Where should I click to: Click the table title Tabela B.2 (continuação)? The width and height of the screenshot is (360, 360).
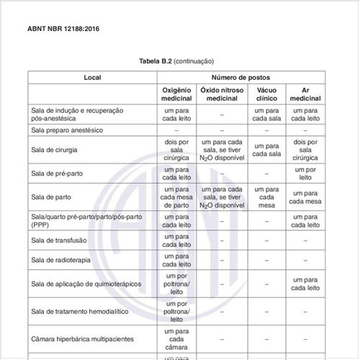[176, 61]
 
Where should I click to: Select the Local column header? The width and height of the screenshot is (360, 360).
[92, 77]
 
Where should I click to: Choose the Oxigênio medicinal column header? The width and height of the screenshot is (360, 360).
[176, 93]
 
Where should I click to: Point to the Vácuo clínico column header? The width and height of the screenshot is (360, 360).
[266, 93]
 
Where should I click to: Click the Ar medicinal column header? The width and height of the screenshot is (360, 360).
[305, 93]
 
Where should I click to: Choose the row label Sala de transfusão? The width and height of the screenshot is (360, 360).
[60, 240]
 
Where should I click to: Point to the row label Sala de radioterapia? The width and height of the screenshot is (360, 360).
[62, 259]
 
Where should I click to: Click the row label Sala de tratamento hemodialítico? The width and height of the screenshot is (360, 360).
[81, 311]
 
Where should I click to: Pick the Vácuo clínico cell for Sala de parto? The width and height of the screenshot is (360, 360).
[266, 196]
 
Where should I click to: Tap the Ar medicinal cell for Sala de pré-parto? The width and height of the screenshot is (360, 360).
[305, 174]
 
